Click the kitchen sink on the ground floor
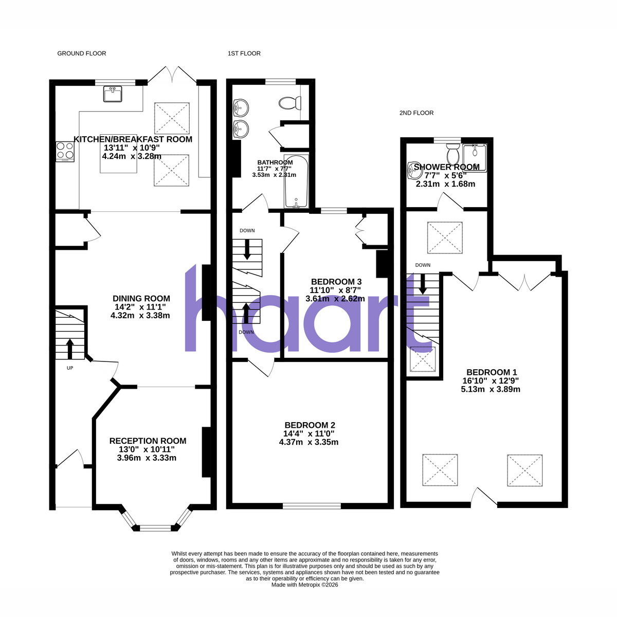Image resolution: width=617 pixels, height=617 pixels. point(113,94)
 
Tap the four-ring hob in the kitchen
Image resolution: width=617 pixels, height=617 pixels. point(65,152)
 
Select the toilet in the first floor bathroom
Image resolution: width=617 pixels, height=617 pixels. point(290,103)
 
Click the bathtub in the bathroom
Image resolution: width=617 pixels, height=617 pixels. point(296,182)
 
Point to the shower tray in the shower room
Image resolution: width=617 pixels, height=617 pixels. point(475,157)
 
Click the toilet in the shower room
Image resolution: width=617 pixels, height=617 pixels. point(453,154)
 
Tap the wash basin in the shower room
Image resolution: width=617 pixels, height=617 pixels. point(415,170)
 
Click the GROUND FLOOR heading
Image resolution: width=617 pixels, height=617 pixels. point(82,53)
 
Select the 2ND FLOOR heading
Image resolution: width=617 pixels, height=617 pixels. point(416,113)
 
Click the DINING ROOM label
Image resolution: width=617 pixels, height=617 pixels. point(141,298)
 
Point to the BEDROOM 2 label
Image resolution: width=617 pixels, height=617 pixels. point(310,425)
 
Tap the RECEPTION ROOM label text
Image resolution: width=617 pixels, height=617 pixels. point(148,441)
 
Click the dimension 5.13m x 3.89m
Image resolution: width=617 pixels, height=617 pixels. point(491,389)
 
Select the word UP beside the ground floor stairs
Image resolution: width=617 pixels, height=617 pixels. point(70,368)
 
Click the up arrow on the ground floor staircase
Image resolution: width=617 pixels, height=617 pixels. point(70,349)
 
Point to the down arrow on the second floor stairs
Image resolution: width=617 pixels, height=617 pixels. point(423,284)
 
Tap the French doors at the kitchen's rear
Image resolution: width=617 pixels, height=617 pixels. point(172,74)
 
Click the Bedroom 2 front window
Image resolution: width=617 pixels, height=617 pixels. point(312,506)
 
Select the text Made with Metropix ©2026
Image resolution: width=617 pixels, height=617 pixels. point(304,585)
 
